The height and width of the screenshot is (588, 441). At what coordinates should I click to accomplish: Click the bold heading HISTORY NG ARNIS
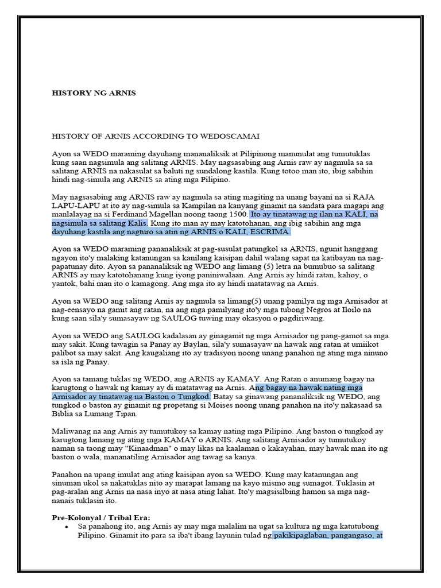[94, 93]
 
